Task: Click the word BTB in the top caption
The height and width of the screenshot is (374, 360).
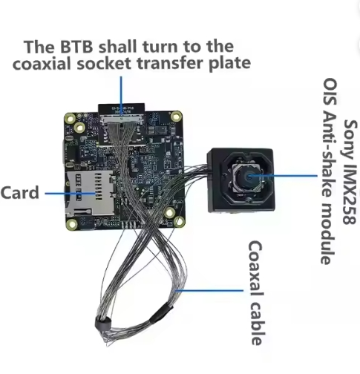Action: [76, 47]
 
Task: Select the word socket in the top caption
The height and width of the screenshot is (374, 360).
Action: [103, 63]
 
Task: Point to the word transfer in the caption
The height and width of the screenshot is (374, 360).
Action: [169, 63]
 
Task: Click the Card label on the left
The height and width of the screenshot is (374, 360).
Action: [20, 192]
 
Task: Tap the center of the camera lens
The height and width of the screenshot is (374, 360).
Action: [248, 177]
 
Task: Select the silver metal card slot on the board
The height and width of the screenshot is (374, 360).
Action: [91, 193]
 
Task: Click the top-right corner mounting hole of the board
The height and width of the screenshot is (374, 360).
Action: [177, 116]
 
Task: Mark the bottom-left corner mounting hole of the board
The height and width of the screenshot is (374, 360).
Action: [72, 224]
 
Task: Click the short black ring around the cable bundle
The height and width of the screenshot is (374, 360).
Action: [102, 324]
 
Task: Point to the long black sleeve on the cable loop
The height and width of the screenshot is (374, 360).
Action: [160, 313]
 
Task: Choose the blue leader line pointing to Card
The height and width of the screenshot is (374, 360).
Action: [70, 194]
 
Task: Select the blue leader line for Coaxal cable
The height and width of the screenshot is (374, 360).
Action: [209, 291]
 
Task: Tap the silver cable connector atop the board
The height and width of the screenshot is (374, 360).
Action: [121, 120]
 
